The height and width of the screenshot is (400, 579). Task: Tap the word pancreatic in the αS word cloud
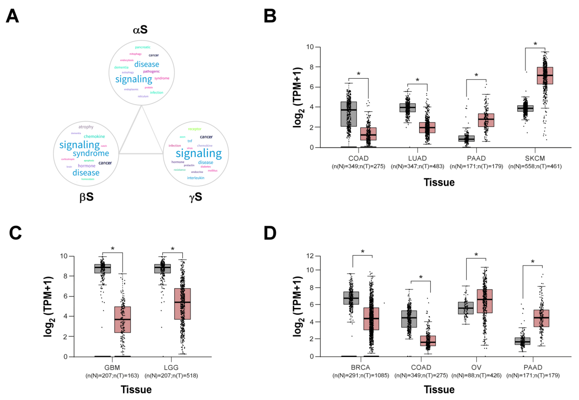pos(143,47)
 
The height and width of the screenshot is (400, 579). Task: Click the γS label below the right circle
pos(195,197)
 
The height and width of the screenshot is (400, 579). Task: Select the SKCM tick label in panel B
pos(535,158)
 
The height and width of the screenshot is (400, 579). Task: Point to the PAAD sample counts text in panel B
pos(476,166)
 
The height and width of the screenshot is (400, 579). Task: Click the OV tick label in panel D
pos(476,367)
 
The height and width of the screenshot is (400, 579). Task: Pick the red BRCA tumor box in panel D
pos(371,319)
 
